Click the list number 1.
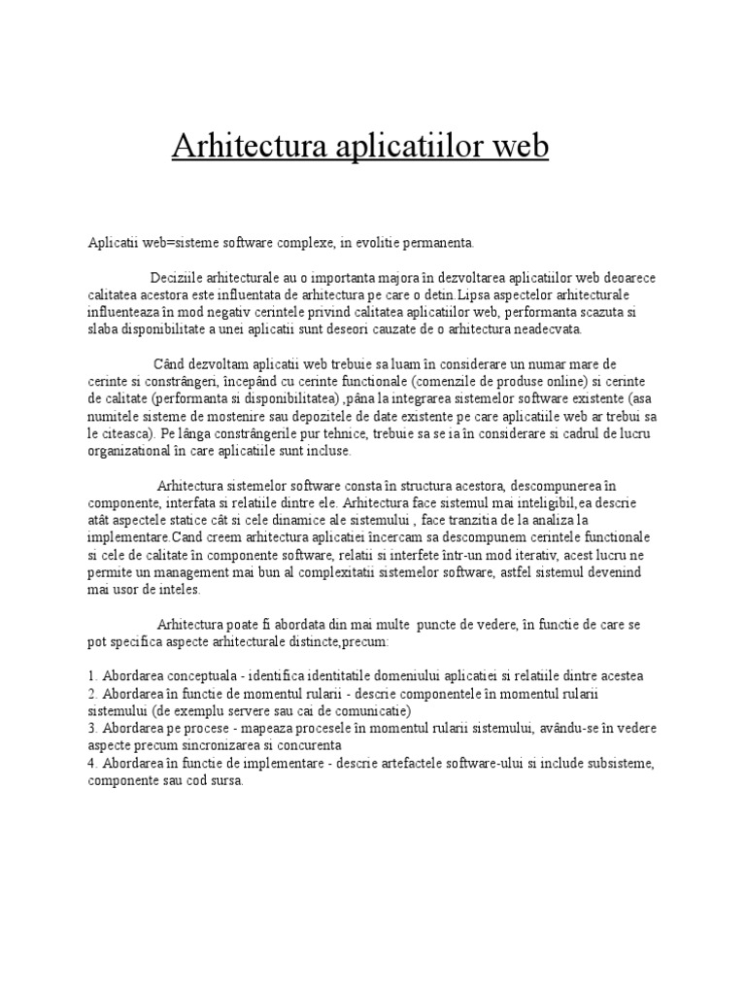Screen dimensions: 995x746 click(91, 675)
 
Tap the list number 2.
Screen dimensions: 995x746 click(91, 693)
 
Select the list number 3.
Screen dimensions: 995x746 click(91, 728)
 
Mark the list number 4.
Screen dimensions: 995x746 click(91, 763)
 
